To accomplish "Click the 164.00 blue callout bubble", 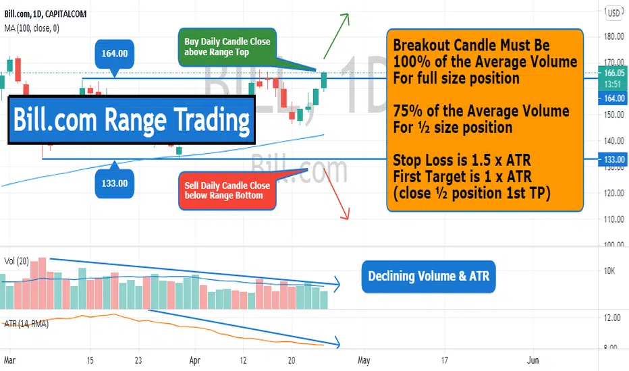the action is [114, 54].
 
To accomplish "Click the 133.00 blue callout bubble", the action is [114, 183].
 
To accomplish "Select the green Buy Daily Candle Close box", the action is [227, 47].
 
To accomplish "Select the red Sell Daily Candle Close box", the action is [227, 190].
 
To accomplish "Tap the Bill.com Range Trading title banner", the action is [132, 120].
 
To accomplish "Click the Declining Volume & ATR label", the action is [429, 277].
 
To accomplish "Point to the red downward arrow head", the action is [346, 215].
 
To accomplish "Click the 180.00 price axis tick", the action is [613, 36].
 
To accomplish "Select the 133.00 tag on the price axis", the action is [613, 159].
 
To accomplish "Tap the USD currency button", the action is [613, 13].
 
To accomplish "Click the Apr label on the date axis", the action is [194, 360].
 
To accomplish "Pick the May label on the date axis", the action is [364, 360].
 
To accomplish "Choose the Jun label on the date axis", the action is [532, 360].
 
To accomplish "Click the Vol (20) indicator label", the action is [16, 262].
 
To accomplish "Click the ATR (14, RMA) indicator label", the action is [26, 324].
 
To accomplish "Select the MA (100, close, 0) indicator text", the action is [32, 28].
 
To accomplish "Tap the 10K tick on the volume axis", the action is [609, 270].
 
